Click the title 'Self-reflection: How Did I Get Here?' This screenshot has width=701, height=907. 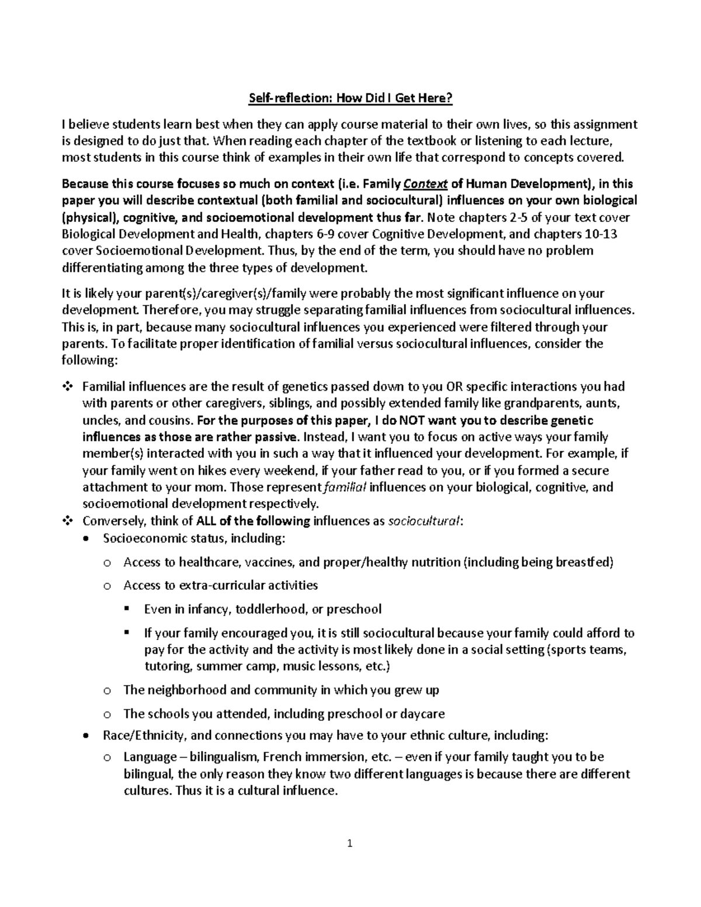click(x=350, y=98)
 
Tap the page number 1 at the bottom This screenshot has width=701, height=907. click(x=350, y=843)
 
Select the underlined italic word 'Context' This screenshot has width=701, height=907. click(x=425, y=185)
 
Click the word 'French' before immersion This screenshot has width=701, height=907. click(x=282, y=757)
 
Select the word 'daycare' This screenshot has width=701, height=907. click(x=424, y=714)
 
